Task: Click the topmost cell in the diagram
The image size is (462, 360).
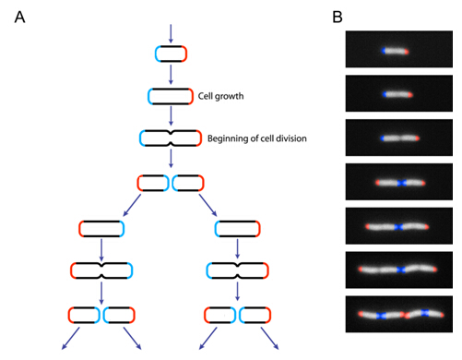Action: pos(170,54)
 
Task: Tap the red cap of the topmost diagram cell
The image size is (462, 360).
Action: pos(184,54)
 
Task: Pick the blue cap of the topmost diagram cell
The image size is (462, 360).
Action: pos(157,54)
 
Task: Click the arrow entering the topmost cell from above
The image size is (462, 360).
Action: pos(170,32)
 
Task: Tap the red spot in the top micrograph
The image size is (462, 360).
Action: pos(409,50)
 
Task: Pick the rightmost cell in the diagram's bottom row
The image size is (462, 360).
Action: pos(255,315)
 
